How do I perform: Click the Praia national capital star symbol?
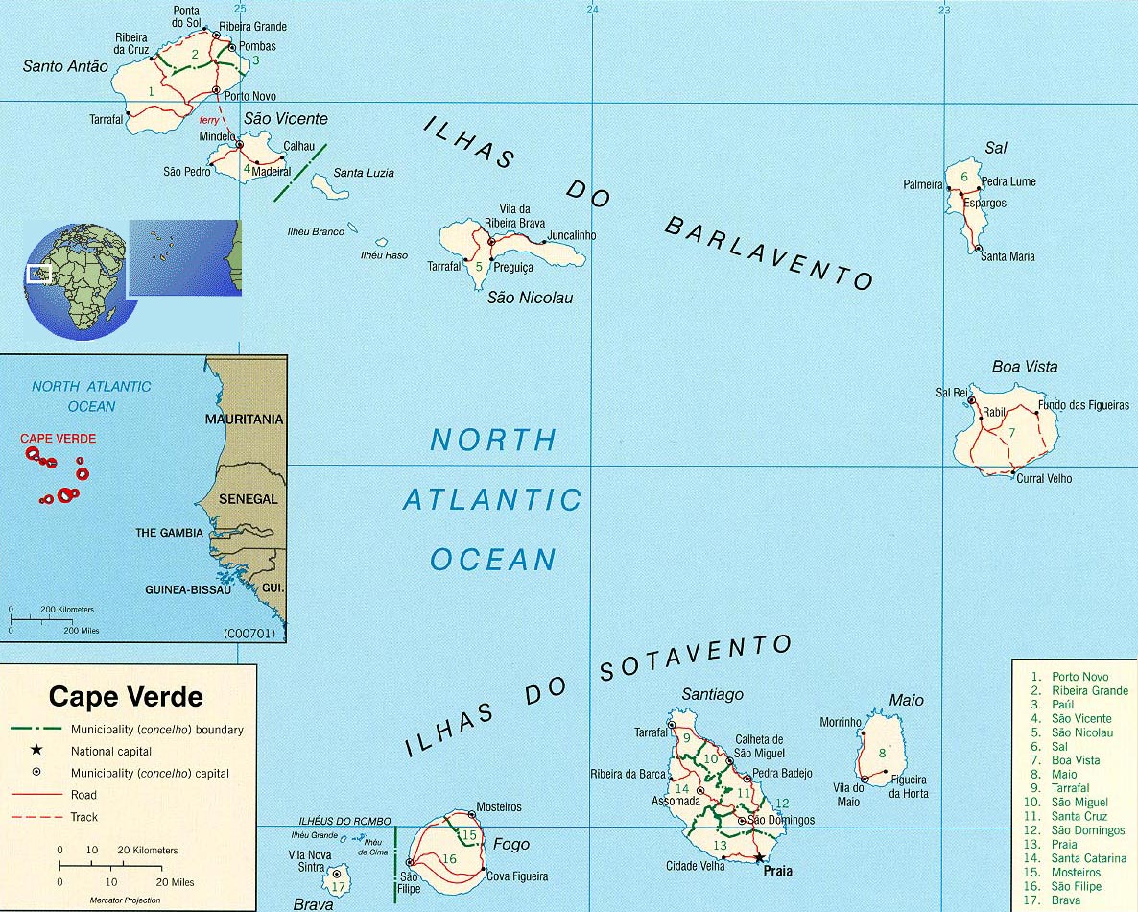[x=759, y=858]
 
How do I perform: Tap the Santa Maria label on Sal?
[x=1008, y=256]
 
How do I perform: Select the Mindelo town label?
[x=217, y=136]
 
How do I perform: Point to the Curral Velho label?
[x=1044, y=478]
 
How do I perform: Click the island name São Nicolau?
[x=530, y=298]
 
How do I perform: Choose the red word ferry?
[x=209, y=121]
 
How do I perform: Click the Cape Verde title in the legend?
[x=126, y=696]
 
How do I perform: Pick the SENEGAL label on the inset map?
[x=248, y=499]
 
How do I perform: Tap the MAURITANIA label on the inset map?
[x=244, y=420]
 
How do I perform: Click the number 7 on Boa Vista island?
[x=1010, y=433]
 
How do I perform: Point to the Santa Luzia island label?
[x=364, y=173]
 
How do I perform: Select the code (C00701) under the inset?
[x=249, y=634]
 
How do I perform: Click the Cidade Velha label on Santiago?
[x=696, y=866]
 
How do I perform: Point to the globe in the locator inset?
[x=74, y=281]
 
